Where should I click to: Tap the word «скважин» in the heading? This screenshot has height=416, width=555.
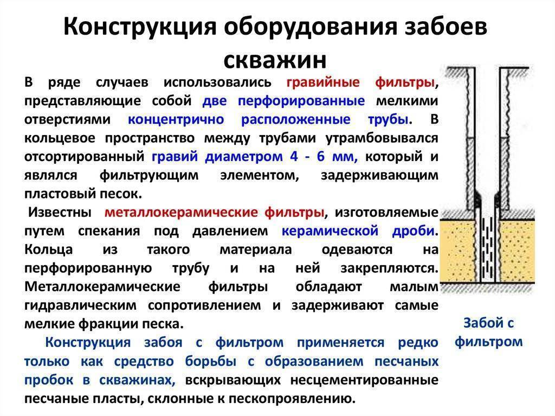point(275,60)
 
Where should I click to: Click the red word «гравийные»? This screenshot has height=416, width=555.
point(323,82)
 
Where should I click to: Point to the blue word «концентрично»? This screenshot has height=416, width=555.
point(176,119)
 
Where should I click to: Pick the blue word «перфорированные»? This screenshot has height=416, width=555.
point(301,101)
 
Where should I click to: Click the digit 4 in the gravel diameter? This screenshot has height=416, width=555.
point(294,156)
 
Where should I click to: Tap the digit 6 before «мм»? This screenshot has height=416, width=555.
point(321,156)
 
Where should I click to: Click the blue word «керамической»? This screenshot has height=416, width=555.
point(330,231)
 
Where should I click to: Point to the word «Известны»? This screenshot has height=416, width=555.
point(60,212)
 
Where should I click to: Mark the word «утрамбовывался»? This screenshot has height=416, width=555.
point(382,138)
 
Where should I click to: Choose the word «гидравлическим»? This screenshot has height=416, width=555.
point(80,305)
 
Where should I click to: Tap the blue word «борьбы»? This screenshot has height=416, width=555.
point(211,361)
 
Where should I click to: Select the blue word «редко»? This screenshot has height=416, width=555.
point(418,343)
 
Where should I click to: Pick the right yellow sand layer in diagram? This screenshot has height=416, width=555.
point(517,252)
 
